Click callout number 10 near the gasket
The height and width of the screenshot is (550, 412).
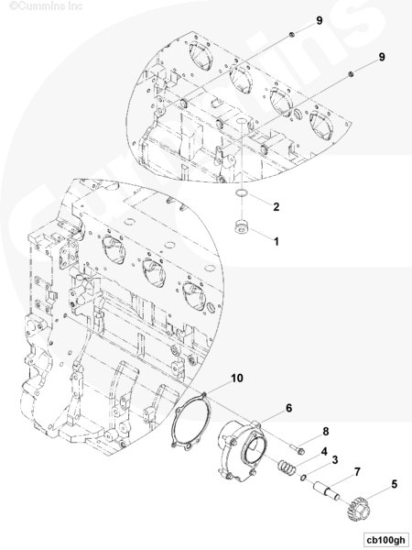point(237,378)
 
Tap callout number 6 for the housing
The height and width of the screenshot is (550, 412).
point(288,408)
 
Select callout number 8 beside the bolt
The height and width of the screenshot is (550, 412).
point(326,432)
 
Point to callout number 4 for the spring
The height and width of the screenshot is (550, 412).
point(324,451)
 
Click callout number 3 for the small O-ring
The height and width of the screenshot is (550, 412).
point(335,460)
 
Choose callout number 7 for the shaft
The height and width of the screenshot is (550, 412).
point(357,472)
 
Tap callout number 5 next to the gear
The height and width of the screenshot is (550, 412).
point(394,484)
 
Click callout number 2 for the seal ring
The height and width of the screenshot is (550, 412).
point(276,207)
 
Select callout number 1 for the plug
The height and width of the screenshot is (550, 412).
point(276,241)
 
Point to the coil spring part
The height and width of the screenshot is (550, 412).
point(286,467)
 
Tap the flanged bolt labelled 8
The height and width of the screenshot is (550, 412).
point(297,448)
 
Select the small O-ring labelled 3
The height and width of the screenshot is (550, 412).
point(303,477)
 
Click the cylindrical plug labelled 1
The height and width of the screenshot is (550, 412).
point(242,226)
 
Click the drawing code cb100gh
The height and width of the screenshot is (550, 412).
point(385,540)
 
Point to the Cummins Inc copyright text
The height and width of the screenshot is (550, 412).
point(46,6)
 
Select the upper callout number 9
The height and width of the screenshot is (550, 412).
point(320,21)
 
